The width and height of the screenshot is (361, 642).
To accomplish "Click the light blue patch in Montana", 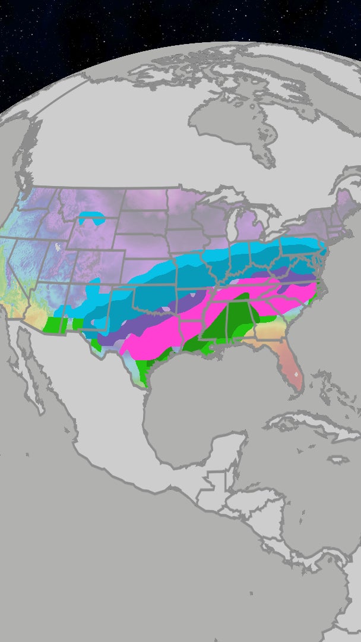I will point(91,218).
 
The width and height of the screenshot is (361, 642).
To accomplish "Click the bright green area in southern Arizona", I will point(56,325).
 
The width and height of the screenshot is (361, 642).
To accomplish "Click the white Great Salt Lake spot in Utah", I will point(58,246).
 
